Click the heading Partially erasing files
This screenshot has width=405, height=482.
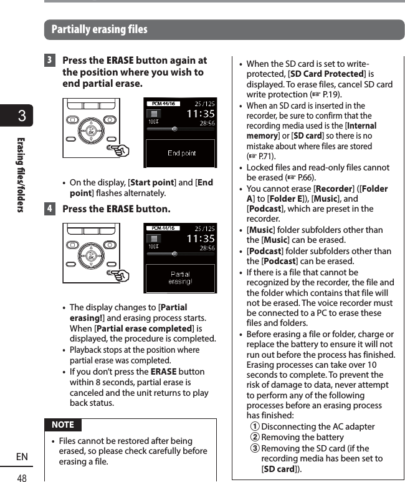(100, 29)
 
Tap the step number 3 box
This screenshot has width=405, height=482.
(50, 61)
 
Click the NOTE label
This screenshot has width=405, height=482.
(62, 425)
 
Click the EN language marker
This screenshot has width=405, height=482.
(22, 458)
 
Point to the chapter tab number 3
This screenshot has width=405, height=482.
(22, 117)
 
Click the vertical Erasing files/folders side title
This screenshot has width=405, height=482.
(21, 174)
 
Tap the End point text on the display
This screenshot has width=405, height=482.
(181, 154)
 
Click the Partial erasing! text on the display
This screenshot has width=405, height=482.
(181, 278)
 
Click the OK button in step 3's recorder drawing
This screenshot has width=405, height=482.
(92, 132)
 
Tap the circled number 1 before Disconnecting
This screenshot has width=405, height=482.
(254, 427)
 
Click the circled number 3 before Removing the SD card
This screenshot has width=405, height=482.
(254, 448)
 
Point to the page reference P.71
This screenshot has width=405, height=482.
(265, 156)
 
